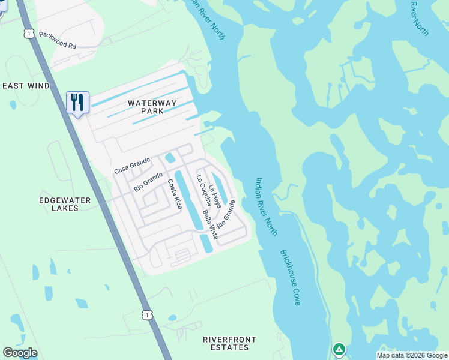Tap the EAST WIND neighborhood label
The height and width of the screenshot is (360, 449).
[x=26, y=86]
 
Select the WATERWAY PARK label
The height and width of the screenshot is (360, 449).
[x=152, y=107]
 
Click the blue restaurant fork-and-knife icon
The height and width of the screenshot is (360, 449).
[x=77, y=102]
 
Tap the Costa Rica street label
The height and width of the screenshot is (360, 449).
[x=174, y=193]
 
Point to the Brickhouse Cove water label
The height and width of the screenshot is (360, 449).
[x=289, y=278]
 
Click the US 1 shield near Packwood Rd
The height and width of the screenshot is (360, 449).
[x=28, y=34]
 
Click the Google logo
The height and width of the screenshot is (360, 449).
[x=20, y=353]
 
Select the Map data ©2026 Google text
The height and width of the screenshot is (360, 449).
[x=412, y=356]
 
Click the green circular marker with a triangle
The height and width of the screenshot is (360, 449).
[x=339, y=349]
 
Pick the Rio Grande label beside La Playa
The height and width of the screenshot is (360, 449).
[x=225, y=214]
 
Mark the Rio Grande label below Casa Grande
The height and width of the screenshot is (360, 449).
[x=148, y=181]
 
